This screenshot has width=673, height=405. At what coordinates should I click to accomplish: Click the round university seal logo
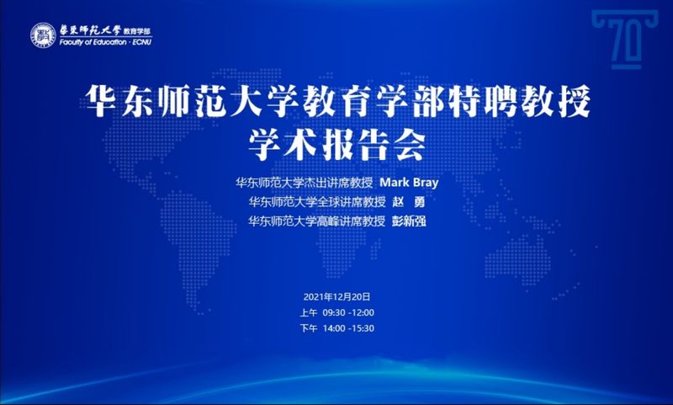[x=44, y=35]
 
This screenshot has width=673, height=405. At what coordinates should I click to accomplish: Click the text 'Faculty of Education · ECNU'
[x=106, y=42]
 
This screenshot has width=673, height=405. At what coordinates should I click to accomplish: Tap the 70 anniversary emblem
[x=625, y=40]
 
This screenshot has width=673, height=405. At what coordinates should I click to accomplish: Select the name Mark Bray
[x=409, y=183]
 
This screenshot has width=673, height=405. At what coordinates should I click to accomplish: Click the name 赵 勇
[x=408, y=202]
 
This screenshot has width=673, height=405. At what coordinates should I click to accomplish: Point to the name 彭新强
[x=409, y=221]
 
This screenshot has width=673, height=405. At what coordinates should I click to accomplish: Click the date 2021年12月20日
[x=337, y=296]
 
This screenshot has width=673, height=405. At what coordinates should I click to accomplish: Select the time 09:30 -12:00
[x=348, y=312]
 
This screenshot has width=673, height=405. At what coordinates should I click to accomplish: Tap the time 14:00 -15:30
[x=348, y=328]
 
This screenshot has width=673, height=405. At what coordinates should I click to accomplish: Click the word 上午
[x=308, y=312]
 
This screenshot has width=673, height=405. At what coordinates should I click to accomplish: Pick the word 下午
[x=308, y=328]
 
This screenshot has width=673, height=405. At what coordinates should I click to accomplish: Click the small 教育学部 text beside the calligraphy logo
[x=137, y=31]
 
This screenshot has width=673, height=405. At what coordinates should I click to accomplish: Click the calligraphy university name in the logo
[x=90, y=30]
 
